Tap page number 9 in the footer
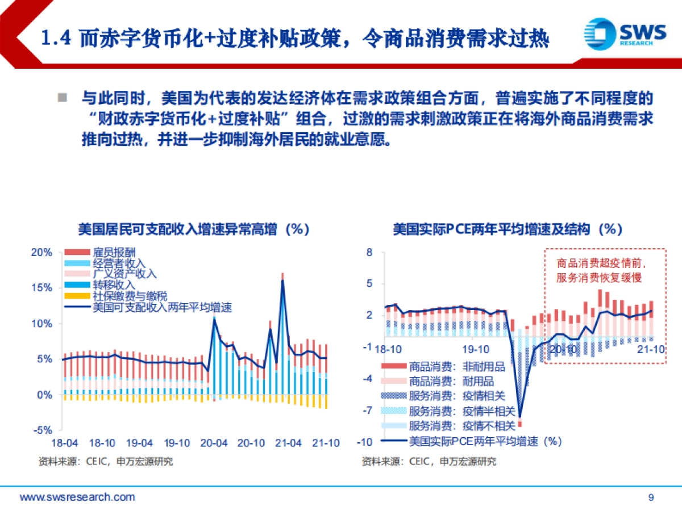point(651,497)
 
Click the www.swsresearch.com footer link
point(77,497)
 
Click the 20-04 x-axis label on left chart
point(214,443)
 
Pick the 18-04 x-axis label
point(64,443)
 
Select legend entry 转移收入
point(114,284)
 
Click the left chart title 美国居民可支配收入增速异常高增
point(193,229)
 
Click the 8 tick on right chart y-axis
point(369,253)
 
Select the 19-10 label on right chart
point(475,349)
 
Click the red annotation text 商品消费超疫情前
point(602,264)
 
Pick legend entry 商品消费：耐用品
point(451,381)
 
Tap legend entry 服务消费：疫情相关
point(457,396)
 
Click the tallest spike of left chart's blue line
point(282,280)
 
